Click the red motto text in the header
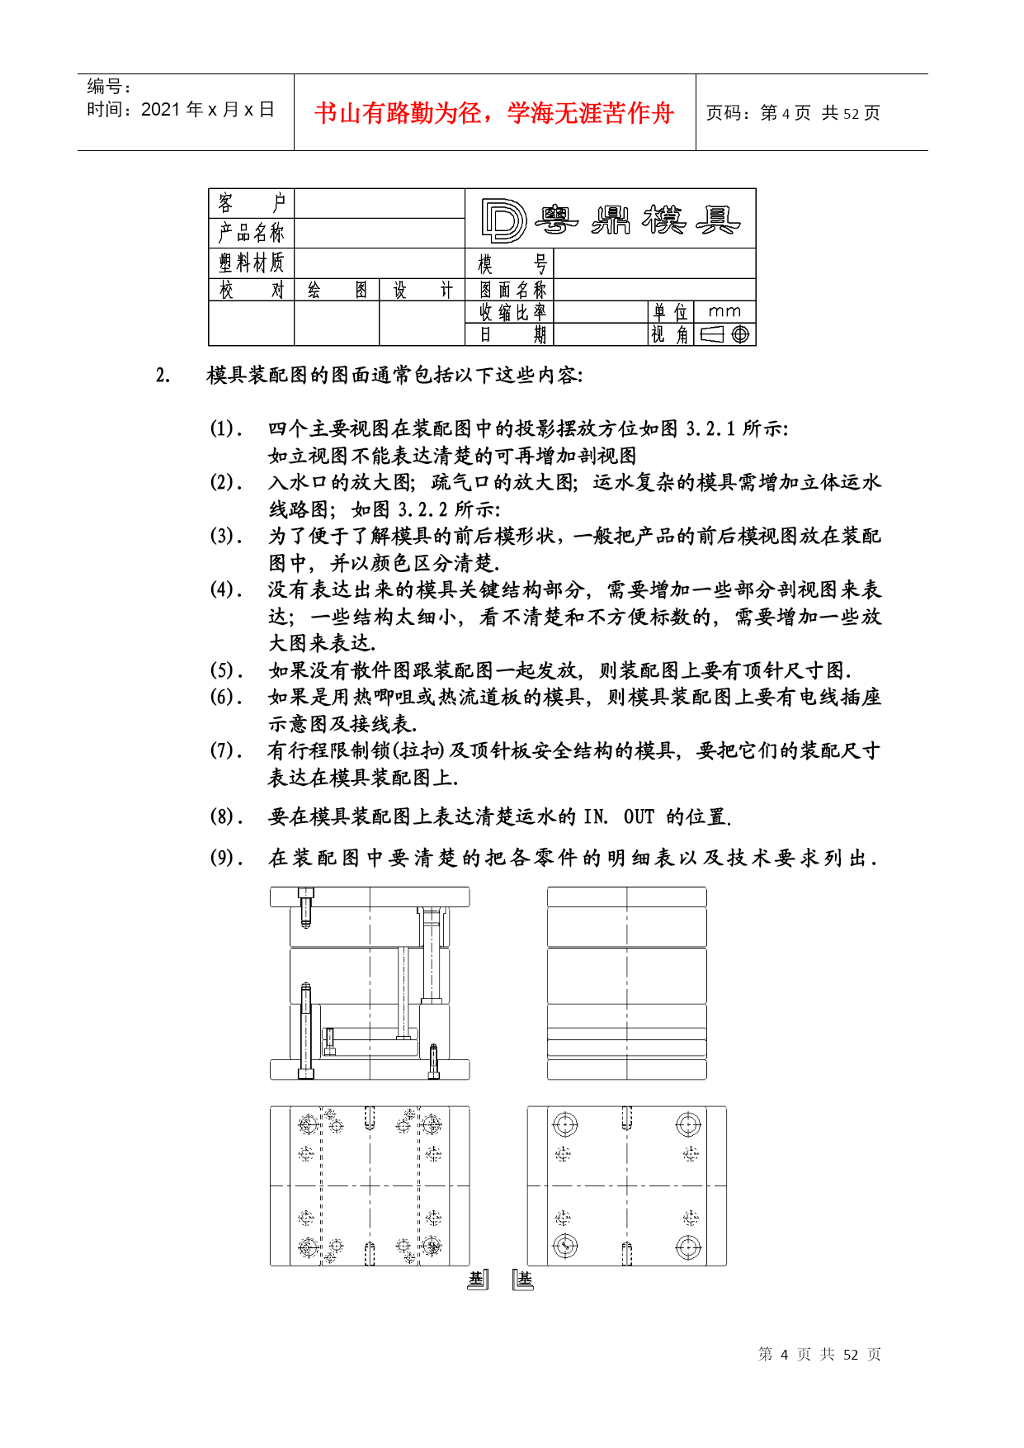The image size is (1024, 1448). pos(494,113)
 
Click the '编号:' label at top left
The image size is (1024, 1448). pos(110,86)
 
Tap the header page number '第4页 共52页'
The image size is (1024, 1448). pos(793,113)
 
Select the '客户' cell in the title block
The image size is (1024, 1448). pos(252,203)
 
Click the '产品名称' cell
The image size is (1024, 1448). pos(252,233)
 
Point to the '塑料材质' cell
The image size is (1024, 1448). pos(252,263)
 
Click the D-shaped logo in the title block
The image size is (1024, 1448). pos(503,220)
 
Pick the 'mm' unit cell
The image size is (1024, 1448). pos(724,311)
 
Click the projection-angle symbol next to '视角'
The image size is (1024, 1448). pos(725,334)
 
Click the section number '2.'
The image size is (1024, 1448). pos(163,376)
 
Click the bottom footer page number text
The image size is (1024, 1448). pos(819,1355)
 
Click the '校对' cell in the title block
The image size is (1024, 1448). pos(252,290)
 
